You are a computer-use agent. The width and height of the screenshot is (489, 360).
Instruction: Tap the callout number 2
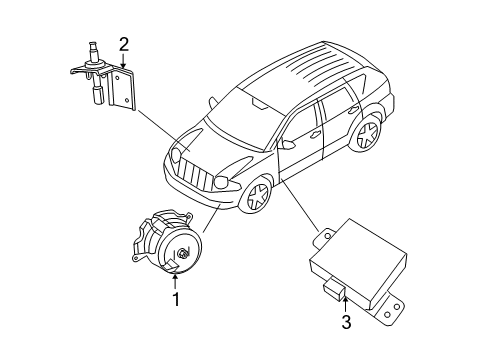[x=123, y=43]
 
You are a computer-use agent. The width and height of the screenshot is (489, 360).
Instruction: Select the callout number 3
[x=345, y=321]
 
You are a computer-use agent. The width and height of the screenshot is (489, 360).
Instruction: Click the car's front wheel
[x=256, y=198]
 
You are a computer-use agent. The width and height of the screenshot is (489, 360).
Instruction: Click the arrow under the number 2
[x=123, y=61]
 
